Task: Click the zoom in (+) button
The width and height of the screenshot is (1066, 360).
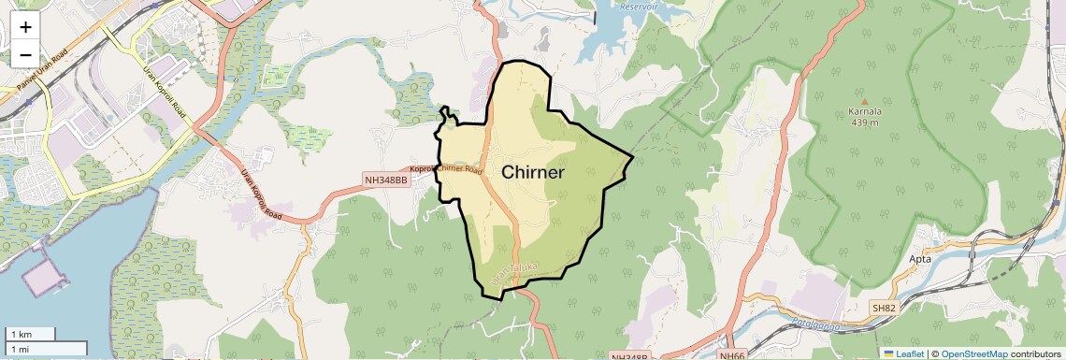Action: [x=25, y=27]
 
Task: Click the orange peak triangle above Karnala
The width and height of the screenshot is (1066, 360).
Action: [x=865, y=100]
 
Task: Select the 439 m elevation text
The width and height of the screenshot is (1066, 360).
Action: [x=865, y=122]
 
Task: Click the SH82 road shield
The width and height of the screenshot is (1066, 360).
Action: [x=884, y=308]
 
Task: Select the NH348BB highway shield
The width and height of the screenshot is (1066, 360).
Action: [x=386, y=180]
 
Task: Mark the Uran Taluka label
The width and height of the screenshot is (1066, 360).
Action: [x=515, y=271]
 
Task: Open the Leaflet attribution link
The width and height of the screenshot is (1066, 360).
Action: [x=903, y=353]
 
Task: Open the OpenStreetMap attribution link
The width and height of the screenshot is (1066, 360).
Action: [x=973, y=353]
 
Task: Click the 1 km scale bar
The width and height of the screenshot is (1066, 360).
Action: [x=31, y=334]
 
